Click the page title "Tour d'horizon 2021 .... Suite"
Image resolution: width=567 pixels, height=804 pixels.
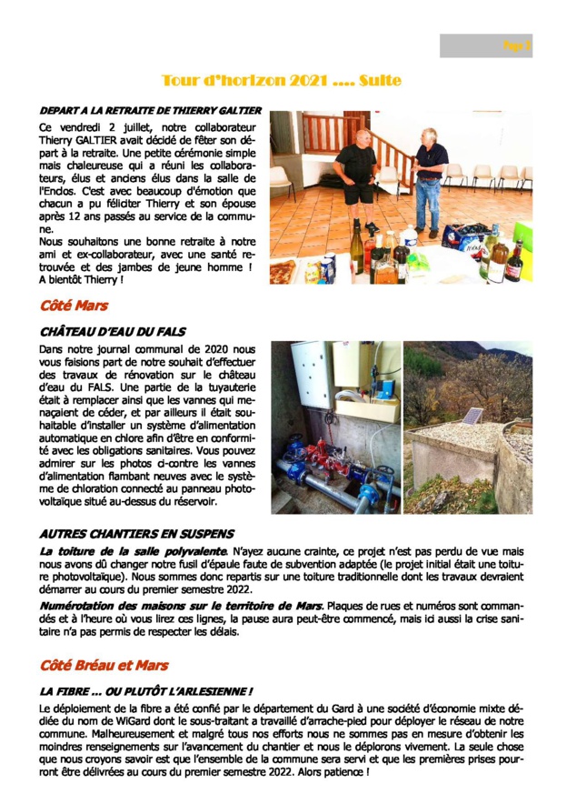pos(281,81)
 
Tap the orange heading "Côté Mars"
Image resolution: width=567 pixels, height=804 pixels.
pos(74,305)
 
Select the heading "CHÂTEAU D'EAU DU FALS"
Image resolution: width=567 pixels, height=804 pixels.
pos(112,333)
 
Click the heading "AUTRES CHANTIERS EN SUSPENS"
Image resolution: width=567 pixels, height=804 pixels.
pos(136,534)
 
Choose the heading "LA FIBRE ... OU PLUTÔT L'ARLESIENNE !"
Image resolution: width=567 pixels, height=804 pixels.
pos(146,692)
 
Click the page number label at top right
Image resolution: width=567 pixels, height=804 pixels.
pos(517,45)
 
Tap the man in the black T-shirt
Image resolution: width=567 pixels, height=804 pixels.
pos(353,172)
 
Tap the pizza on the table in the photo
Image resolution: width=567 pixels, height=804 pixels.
pos(283,271)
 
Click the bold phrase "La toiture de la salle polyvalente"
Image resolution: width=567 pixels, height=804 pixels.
pos(133,551)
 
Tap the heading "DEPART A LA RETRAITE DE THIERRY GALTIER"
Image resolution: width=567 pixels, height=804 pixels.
pos(150,110)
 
